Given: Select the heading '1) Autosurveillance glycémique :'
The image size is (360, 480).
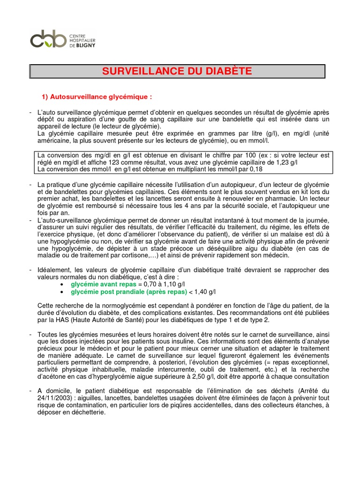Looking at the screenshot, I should (x=97, y=97).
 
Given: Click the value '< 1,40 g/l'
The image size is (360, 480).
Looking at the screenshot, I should (x=202, y=291).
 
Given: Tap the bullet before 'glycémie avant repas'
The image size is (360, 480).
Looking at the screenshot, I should (x=63, y=285).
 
